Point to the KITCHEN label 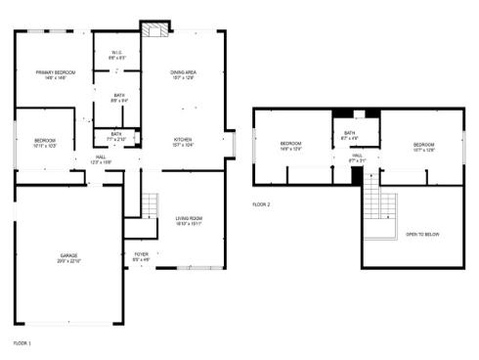point(184,141)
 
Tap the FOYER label point(141,256)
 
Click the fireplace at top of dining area point(152,30)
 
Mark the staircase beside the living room point(147,205)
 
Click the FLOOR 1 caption point(22,343)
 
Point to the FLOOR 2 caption point(261,204)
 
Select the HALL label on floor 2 point(358,157)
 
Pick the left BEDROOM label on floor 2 point(292,147)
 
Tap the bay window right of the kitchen point(231,145)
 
